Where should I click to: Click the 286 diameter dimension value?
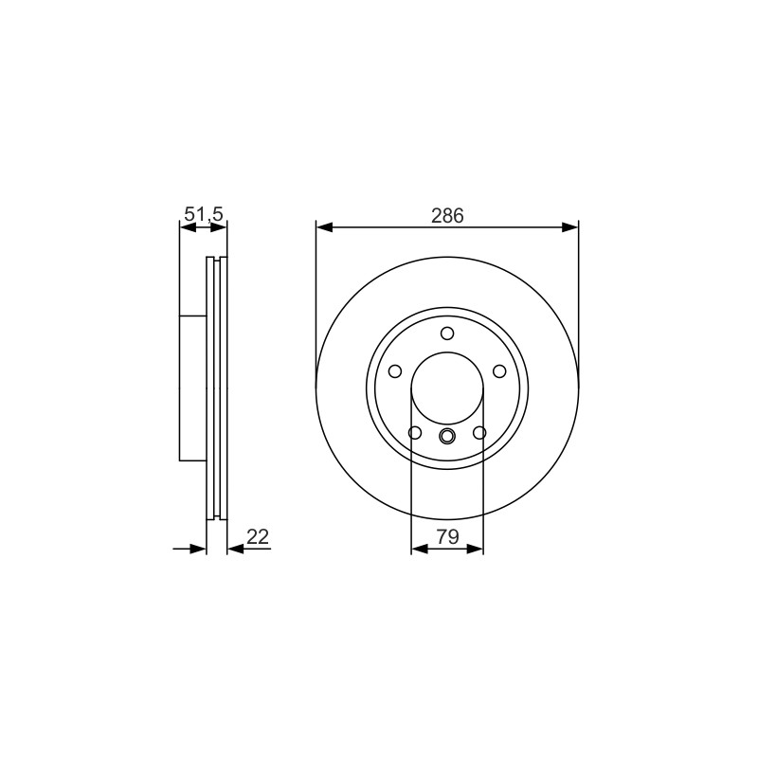(447, 216)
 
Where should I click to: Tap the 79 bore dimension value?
(447, 536)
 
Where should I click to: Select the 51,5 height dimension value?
(205, 214)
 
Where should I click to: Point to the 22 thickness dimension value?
(257, 536)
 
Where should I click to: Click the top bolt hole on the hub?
(447, 334)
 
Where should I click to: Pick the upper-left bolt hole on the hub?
(395, 371)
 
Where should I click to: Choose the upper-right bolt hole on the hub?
(499, 371)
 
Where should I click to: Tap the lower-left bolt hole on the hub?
(415, 433)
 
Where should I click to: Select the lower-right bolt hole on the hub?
(479, 433)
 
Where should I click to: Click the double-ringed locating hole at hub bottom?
(447, 436)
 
